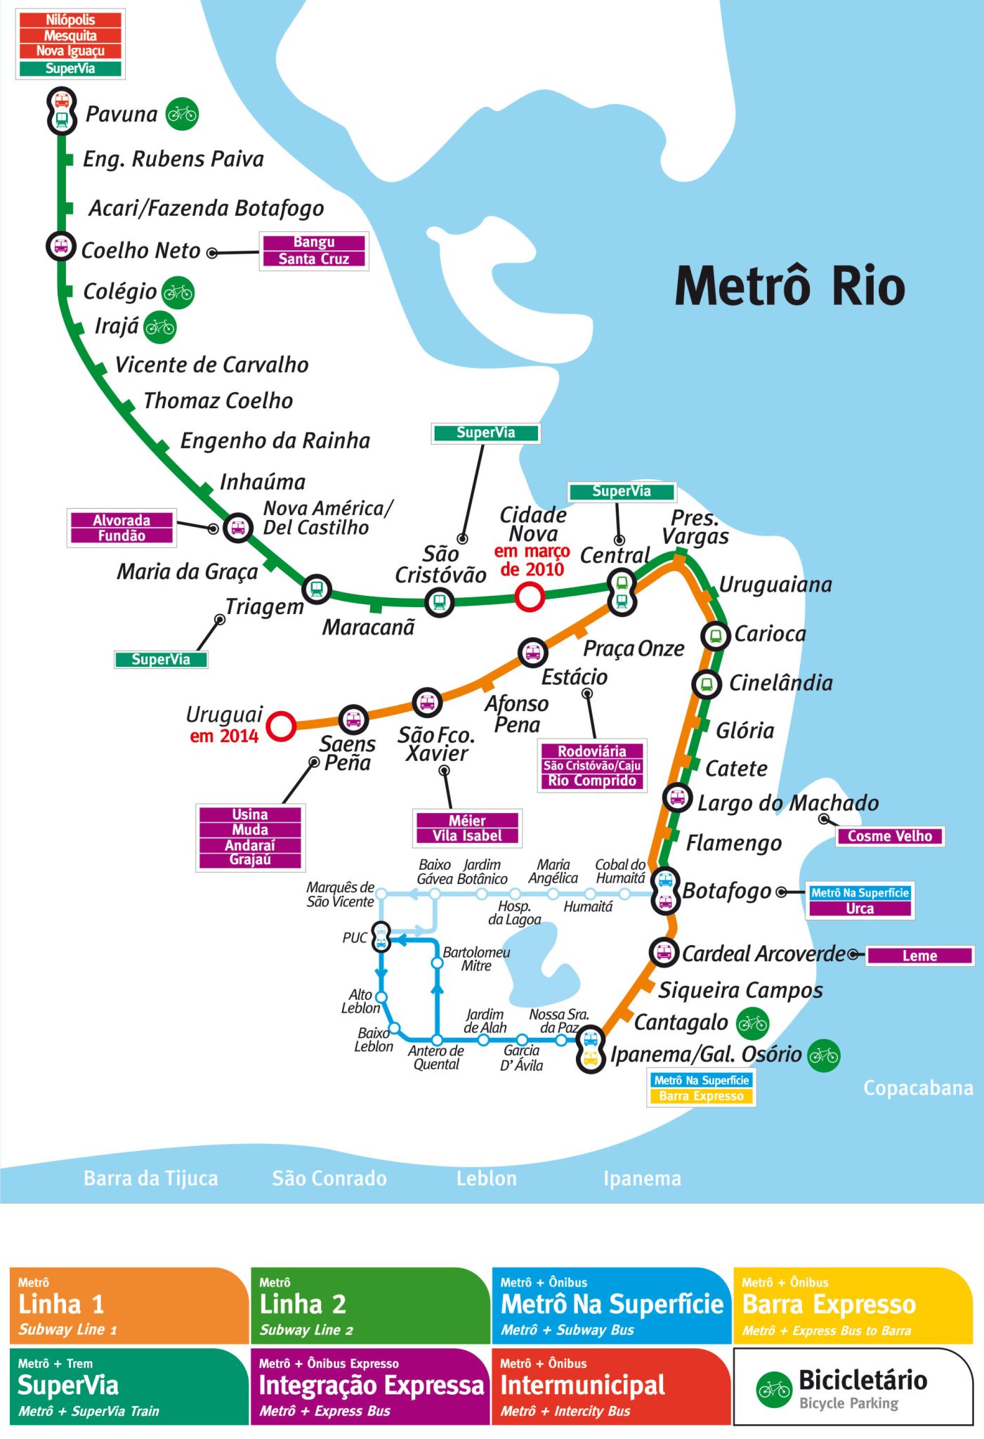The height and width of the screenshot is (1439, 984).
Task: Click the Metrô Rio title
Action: (x=789, y=286)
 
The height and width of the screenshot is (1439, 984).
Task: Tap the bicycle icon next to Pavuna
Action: (x=182, y=114)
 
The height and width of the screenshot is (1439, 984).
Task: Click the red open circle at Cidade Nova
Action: (x=530, y=597)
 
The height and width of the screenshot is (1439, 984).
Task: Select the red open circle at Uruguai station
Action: (x=282, y=726)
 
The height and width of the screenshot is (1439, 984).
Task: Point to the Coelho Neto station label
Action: (x=140, y=251)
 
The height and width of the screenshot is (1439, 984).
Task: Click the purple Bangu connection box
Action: (x=313, y=242)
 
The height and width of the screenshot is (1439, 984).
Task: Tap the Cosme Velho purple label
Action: (x=889, y=836)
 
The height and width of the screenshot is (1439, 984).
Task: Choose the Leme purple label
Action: (x=919, y=956)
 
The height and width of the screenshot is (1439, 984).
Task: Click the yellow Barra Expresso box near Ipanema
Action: (x=701, y=1096)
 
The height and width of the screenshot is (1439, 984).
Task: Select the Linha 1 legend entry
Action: (x=129, y=1305)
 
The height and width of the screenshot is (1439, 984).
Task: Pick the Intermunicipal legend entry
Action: (x=611, y=1386)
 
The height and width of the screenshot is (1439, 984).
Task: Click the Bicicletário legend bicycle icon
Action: (x=774, y=1389)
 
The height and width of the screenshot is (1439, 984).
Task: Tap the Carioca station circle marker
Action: (x=715, y=636)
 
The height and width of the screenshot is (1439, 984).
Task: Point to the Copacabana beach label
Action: (x=917, y=1088)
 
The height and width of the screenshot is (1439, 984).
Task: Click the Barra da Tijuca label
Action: (x=150, y=1178)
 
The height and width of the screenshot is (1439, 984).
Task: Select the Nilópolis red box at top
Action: (x=70, y=20)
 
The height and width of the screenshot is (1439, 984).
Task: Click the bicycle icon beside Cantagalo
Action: (x=752, y=1024)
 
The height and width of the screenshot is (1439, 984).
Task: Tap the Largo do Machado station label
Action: (x=787, y=803)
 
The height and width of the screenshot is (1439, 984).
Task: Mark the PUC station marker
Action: (x=381, y=937)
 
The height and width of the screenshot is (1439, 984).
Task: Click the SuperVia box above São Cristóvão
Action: (x=485, y=433)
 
